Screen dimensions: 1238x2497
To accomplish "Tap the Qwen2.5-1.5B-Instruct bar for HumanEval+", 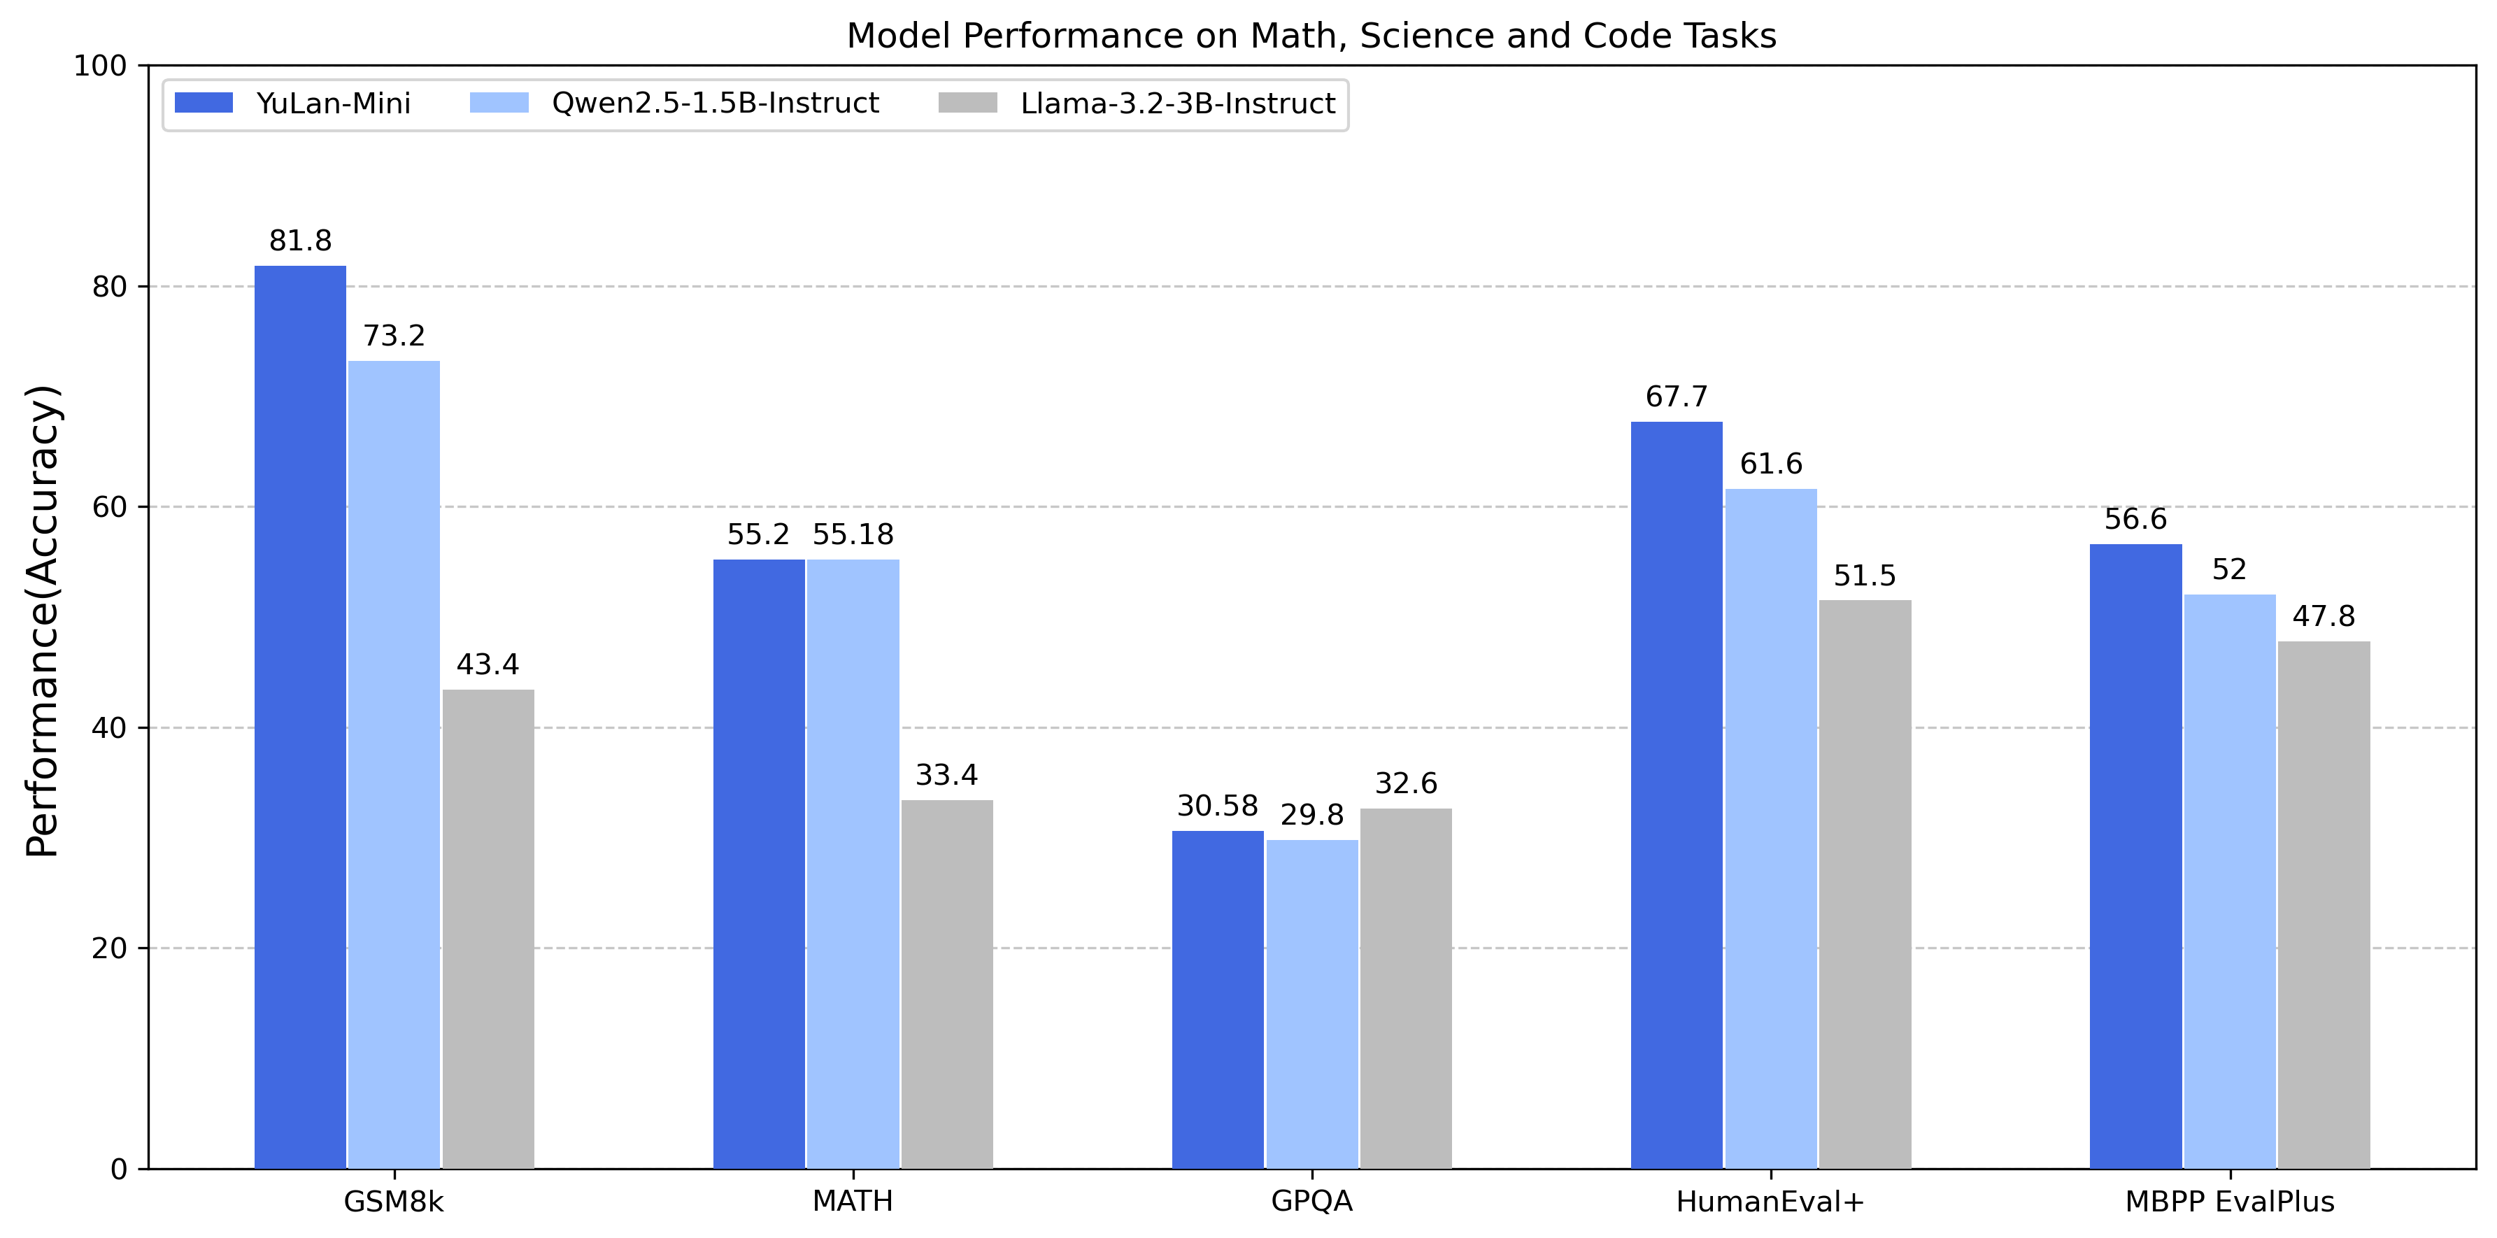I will point(1770,828).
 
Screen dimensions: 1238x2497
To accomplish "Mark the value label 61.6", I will point(1770,464).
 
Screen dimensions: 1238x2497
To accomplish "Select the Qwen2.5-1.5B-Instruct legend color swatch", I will point(499,103).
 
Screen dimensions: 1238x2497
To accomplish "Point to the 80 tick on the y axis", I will point(110,287).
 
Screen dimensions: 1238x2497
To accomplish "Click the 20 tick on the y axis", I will point(110,948).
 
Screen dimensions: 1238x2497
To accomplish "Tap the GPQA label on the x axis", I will point(1311,1201).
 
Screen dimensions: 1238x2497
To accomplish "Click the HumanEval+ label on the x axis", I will point(1770,1201).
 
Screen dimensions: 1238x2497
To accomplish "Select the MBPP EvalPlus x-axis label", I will point(2230,1201).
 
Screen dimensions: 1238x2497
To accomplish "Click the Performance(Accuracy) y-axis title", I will point(43,620).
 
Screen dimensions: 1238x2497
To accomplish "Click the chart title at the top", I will point(1311,36).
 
